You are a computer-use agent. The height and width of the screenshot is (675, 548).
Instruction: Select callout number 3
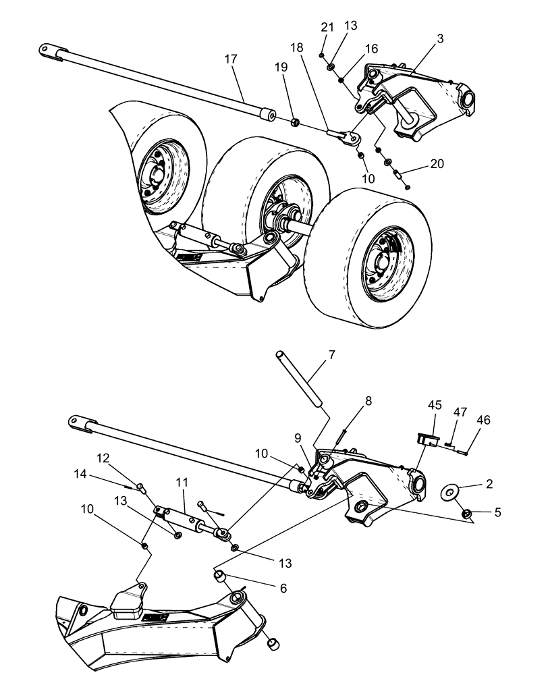[x=439, y=40]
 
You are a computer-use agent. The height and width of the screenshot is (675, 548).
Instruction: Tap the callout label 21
[x=327, y=27]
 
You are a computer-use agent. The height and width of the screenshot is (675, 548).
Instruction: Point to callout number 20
[x=436, y=164]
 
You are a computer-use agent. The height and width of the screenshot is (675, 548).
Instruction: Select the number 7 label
[x=331, y=356]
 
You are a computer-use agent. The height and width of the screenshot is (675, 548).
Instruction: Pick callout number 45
[x=435, y=406]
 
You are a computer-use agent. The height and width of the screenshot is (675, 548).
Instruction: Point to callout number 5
[x=497, y=512]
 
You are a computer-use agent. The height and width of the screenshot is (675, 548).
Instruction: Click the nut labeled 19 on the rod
[x=294, y=122]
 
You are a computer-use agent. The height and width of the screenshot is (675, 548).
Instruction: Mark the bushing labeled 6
[x=219, y=576]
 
